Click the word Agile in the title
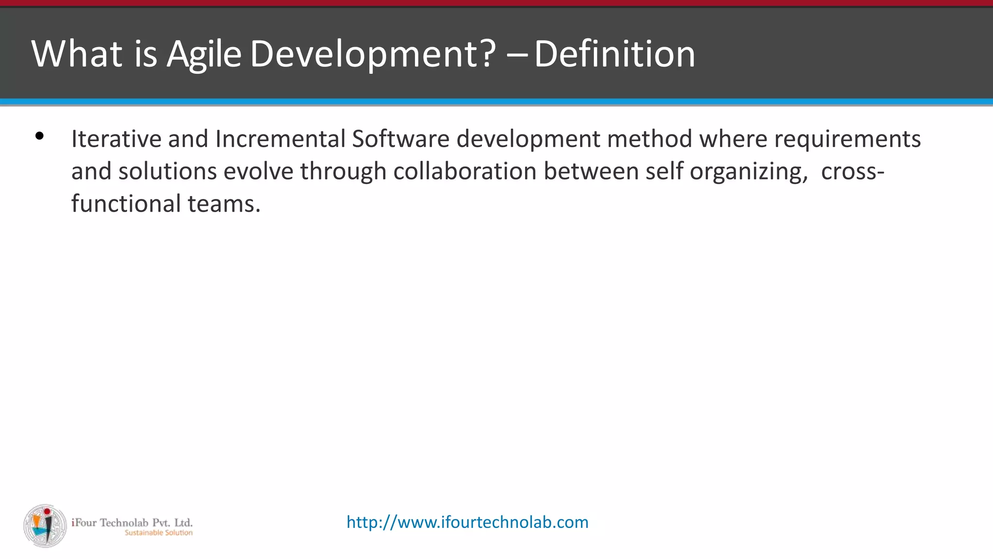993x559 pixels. tap(204, 54)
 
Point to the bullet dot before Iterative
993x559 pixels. tap(40, 136)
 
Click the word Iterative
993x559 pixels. tap(116, 139)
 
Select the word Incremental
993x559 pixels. tap(280, 139)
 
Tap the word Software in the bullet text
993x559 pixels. tap(400, 139)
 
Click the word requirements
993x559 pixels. tap(847, 140)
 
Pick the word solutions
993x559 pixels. tap(167, 171)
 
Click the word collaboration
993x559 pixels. tap(464, 171)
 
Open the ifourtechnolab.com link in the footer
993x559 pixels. tap(467, 522)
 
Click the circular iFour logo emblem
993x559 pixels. tap(45, 526)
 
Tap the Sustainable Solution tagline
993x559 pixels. tap(159, 533)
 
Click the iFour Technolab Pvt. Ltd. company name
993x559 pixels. tap(132, 523)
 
